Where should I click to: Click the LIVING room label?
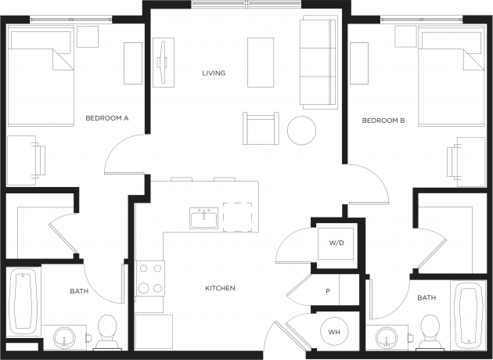(214, 74)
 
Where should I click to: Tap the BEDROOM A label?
(107, 118)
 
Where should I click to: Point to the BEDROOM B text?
(383, 121)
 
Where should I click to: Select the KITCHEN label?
(220, 288)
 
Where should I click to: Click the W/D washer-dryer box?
(336, 243)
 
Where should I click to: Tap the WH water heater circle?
(334, 332)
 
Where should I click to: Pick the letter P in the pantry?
(328, 291)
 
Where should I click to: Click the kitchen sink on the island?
(203, 218)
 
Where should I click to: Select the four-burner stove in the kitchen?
(150, 279)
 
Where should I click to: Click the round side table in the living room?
(301, 131)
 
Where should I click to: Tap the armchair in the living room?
(261, 128)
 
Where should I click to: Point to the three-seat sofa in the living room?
(318, 63)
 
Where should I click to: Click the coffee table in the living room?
(261, 63)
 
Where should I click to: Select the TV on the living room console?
(163, 63)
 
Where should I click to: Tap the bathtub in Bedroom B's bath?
(468, 315)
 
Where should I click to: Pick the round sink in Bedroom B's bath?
(387, 338)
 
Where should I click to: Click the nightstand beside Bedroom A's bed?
(88, 37)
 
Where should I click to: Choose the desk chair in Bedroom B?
(454, 161)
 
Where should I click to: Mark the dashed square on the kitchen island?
(237, 218)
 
